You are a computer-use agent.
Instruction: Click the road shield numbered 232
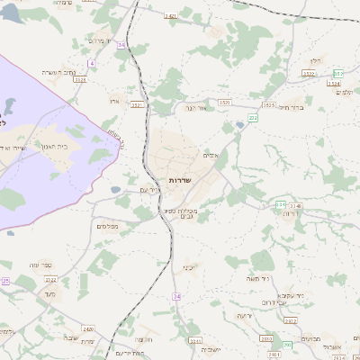coord(254,118)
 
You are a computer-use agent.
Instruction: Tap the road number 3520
coord(224,103)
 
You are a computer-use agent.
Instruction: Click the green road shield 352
coord(338,73)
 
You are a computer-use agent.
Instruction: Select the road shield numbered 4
coord(91,63)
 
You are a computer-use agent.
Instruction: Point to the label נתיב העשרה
coord(60,72)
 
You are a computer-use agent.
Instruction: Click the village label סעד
coord(49,294)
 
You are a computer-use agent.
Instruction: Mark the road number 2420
coord(88,329)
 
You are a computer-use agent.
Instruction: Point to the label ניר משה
coord(257,281)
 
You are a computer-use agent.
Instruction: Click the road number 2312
coord(196,341)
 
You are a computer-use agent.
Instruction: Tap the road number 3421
coord(171,16)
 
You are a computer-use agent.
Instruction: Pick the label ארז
coord(114,100)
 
